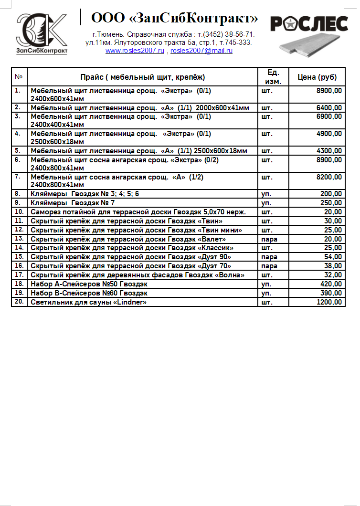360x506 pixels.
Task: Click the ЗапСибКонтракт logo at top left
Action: point(42,33)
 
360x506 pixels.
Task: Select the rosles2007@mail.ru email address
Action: point(201,51)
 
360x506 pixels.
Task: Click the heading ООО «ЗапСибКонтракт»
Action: point(175,19)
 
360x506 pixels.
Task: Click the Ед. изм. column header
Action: point(273,77)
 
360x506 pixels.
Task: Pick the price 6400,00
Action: point(329,108)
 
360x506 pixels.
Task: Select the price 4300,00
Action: point(329,151)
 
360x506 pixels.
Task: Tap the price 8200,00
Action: point(329,177)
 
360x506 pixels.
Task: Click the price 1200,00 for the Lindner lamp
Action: point(329,302)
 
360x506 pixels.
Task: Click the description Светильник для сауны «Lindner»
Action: point(88,302)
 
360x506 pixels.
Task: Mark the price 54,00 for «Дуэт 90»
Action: point(333,257)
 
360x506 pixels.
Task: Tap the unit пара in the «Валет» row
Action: point(270,239)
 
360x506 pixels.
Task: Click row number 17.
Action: point(19,274)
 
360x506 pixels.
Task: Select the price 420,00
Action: point(331,284)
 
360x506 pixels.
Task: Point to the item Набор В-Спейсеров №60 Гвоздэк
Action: point(89,293)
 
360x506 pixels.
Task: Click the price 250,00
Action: point(331,203)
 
